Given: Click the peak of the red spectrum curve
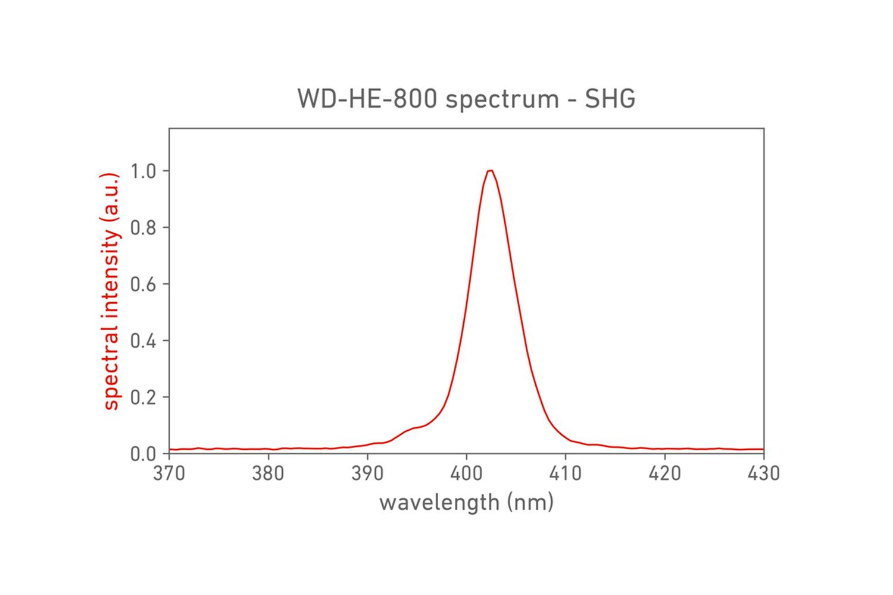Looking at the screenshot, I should tap(490, 171).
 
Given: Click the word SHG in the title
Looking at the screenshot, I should tap(610, 99).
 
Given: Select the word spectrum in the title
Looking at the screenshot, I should tap(502, 100).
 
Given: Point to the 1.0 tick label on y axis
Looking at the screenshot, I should tap(143, 171).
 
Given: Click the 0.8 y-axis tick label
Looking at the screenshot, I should tap(143, 228).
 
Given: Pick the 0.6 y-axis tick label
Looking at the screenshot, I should tap(143, 284).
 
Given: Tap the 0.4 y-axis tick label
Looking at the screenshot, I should tap(143, 341).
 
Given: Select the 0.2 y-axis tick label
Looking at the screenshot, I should tap(143, 397).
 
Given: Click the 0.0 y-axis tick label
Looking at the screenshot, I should tap(143, 454).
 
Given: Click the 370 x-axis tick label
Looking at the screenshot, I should tap(169, 474).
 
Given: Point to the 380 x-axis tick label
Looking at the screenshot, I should tap(268, 474).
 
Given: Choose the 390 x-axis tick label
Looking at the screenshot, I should tap(367, 474).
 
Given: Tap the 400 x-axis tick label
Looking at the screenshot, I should tap(466, 474).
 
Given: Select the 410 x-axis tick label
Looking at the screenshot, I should tap(566, 474).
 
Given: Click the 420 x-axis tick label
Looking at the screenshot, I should tap(664, 474).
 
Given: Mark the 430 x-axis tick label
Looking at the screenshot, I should tap(763, 474).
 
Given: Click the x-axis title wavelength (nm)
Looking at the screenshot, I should tap(466, 503).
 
